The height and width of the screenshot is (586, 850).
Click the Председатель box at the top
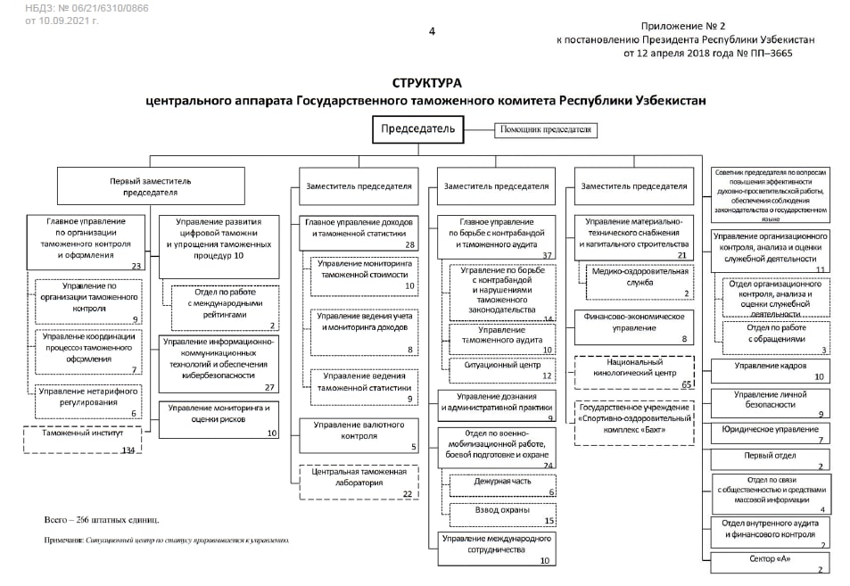tap(418, 129)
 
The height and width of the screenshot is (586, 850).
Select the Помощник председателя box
tap(546, 130)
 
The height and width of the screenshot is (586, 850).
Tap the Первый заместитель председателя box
tap(151, 186)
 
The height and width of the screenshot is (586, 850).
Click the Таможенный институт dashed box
tap(82, 440)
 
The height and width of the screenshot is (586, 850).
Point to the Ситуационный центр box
tap(498, 369)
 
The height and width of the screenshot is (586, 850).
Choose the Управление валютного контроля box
tap(359, 435)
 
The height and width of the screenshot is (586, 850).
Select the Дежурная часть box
tap(502, 485)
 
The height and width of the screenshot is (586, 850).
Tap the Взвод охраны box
tap(502, 515)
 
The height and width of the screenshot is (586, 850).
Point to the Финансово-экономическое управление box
tap(634, 327)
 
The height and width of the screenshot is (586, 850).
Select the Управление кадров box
tap(771, 370)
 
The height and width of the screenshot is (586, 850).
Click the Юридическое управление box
tap(771, 433)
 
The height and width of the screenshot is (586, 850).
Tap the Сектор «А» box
tap(771, 562)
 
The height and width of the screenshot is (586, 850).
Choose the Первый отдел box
tap(771, 458)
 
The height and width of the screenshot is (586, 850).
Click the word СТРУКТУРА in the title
tap(425, 83)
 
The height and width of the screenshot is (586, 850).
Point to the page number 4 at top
tap(433, 31)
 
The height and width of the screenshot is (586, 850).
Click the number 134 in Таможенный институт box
tap(128, 450)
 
